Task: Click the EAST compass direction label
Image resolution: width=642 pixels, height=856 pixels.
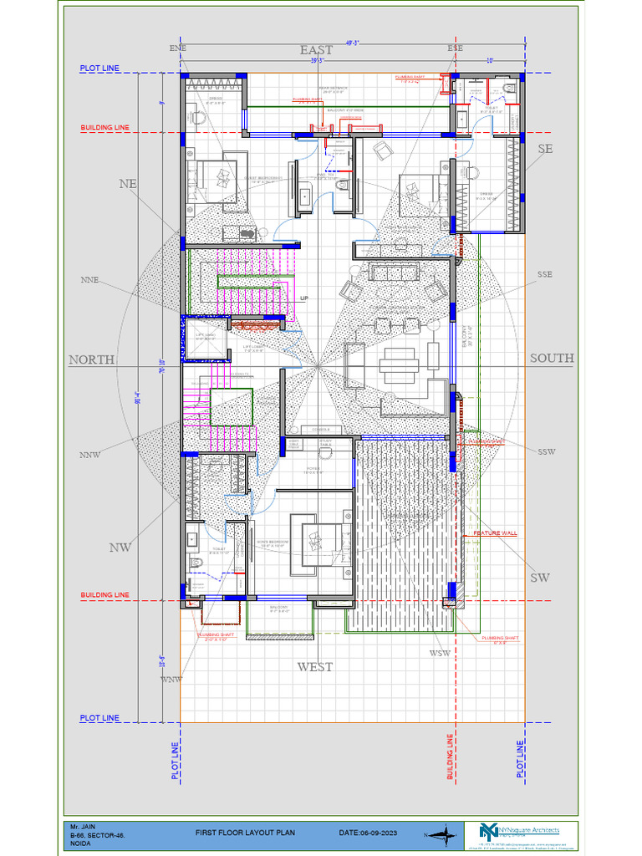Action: pyautogui.click(x=316, y=50)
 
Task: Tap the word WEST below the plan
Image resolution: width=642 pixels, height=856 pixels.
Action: pyautogui.click(x=315, y=666)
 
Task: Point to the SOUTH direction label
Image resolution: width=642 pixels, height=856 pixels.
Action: pyautogui.click(x=552, y=358)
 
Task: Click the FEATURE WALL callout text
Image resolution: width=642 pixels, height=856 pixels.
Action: pyautogui.click(x=496, y=533)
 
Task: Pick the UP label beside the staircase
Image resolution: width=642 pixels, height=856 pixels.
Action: pyautogui.click(x=304, y=298)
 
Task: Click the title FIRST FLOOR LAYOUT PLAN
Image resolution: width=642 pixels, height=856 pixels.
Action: pyautogui.click(x=246, y=833)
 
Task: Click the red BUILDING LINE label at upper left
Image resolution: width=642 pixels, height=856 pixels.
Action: pyautogui.click(x=104, y=128)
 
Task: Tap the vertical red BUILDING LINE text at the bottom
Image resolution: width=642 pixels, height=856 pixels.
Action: pyautogui.click(x=450, y=757)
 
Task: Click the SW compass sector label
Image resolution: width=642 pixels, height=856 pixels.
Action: pyautogui.click(x=540, y=578)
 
